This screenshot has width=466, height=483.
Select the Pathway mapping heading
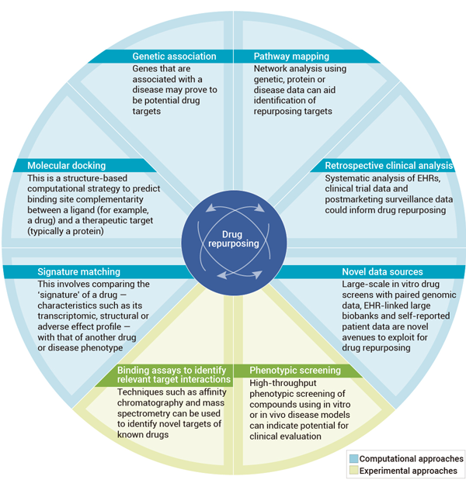(x=291, y=57)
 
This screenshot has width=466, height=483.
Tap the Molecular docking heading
(x=66, y=166)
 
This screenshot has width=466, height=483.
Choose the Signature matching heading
(x=79, y=272)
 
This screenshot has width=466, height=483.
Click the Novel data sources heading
(x=382, y=272)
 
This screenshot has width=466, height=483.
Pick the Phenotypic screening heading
(x=296, y=371)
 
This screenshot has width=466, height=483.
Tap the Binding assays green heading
(x=174, y=375)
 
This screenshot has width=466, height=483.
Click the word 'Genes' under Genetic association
(x=145, y=68)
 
